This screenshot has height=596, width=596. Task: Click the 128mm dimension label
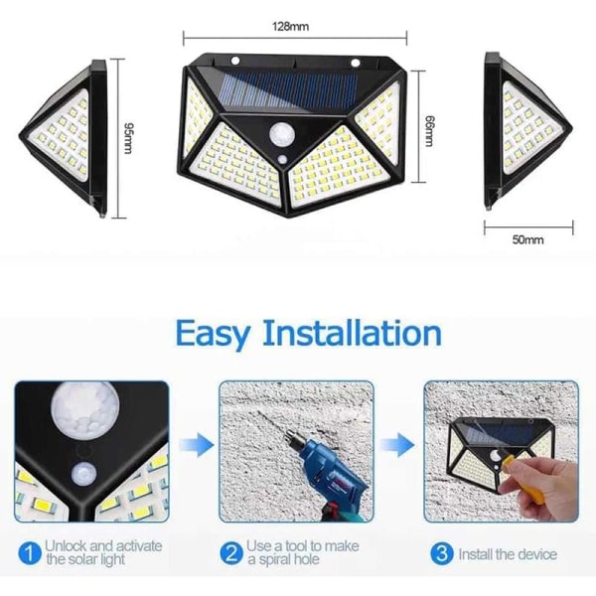click(x=290, y=26)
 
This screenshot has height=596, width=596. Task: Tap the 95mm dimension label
click(x=128, y=138)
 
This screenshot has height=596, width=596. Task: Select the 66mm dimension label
click(x=428, y=131)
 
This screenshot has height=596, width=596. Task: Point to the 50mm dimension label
click(x=528, y=239)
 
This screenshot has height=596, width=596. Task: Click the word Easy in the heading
click(x=213, y=334)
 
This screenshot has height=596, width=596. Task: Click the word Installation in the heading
click(x=352, y=333)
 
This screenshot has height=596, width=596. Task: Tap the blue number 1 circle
click(x=29, y=553)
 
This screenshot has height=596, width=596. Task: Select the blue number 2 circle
click(x=231, y=553)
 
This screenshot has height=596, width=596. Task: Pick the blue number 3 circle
click(x=442, y=553)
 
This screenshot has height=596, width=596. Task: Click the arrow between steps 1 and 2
click(x=196, y=445)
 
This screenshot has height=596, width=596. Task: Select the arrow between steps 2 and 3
click(x=397, y=445)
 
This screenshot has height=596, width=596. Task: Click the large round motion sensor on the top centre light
click(x=282, y=134)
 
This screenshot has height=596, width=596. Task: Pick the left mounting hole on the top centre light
click(x=235, y=61)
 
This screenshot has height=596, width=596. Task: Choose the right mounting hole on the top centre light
click(x=356, y=63)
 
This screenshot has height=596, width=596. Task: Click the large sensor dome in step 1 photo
click(x=85, y=409)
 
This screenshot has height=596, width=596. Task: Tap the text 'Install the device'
click(x=508, y=554)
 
